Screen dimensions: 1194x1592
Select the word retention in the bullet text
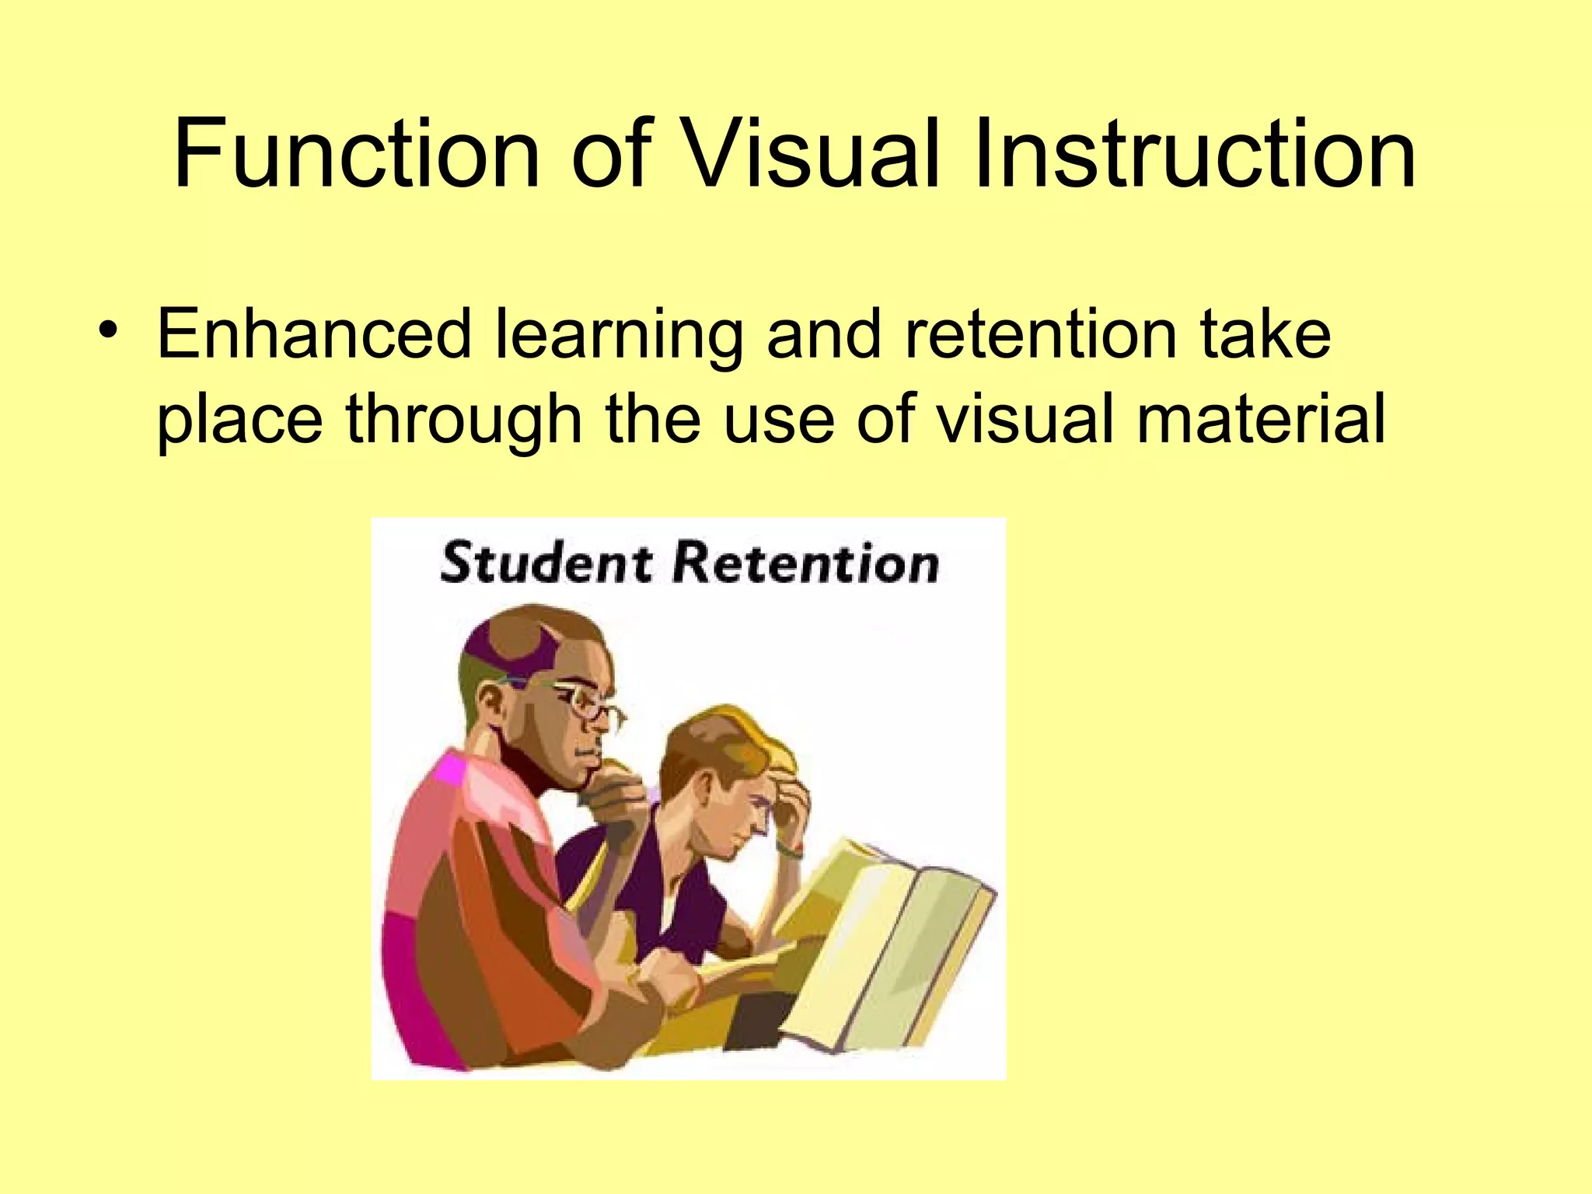click(x=1041, y=334)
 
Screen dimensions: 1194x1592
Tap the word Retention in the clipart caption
click(x=805, y=563)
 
